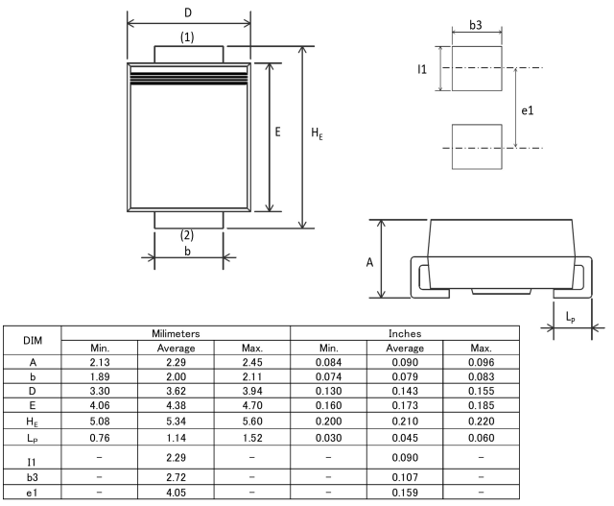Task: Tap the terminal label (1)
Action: [x=188, y=36]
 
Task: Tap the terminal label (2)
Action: [x=188, y=235]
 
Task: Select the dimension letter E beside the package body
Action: [x=277, y=133]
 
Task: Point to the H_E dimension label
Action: [x=317, y=134]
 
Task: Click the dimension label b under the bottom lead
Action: [x=188, y=251]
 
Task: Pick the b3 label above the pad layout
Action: [x=476, y=24]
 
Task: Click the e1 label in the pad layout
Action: [x=527, y=111]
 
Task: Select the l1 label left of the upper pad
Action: [x=422, y=70]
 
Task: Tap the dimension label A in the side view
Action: [x=369, y=261]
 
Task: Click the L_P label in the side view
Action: [x=571, y=315]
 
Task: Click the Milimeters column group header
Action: [x=176, y=332]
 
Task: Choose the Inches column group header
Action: [x=405, y=332]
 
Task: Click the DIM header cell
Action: [x=33, y=340]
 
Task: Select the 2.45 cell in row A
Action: [x=251, y=362]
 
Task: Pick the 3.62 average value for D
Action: [x=176, y=393]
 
